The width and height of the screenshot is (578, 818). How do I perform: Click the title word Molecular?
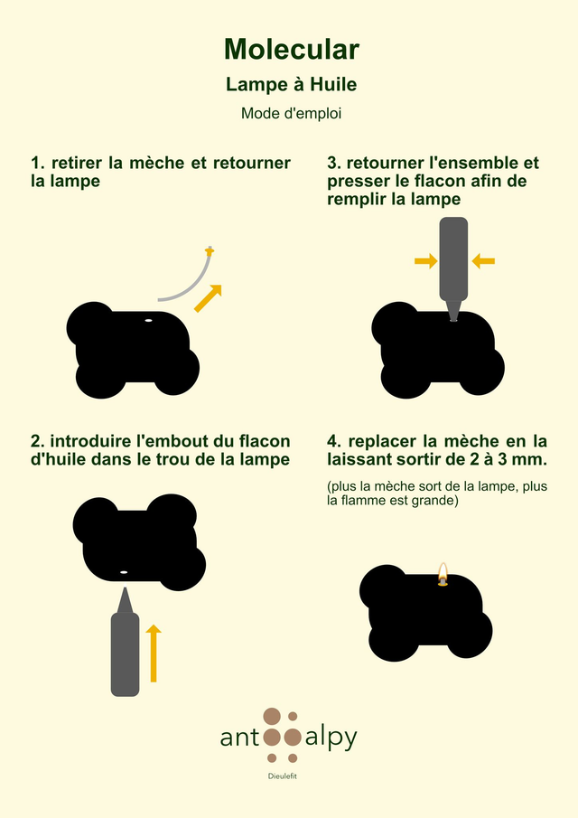[292, 49]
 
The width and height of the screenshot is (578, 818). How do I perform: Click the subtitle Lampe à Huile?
[292, 85]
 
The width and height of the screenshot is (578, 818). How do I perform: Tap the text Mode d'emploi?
[292, 113]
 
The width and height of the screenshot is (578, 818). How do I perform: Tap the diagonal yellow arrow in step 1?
[208, 298]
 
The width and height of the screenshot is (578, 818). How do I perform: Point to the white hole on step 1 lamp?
[148, 320]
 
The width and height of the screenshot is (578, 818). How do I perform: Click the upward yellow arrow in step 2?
[154, 653]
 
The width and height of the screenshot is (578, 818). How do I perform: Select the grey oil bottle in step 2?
[126, 642]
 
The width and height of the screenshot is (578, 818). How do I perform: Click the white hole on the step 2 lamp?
[124, 572]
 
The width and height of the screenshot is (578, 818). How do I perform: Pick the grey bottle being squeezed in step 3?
[453, 268]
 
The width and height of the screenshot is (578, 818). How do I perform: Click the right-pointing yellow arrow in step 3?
[425, 260]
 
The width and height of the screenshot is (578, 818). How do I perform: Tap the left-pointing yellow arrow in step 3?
[483, 260]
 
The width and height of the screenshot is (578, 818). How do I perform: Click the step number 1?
[36, 163]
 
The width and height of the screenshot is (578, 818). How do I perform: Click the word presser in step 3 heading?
[356, 182]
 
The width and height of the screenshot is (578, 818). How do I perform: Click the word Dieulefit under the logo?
[283, 776]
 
